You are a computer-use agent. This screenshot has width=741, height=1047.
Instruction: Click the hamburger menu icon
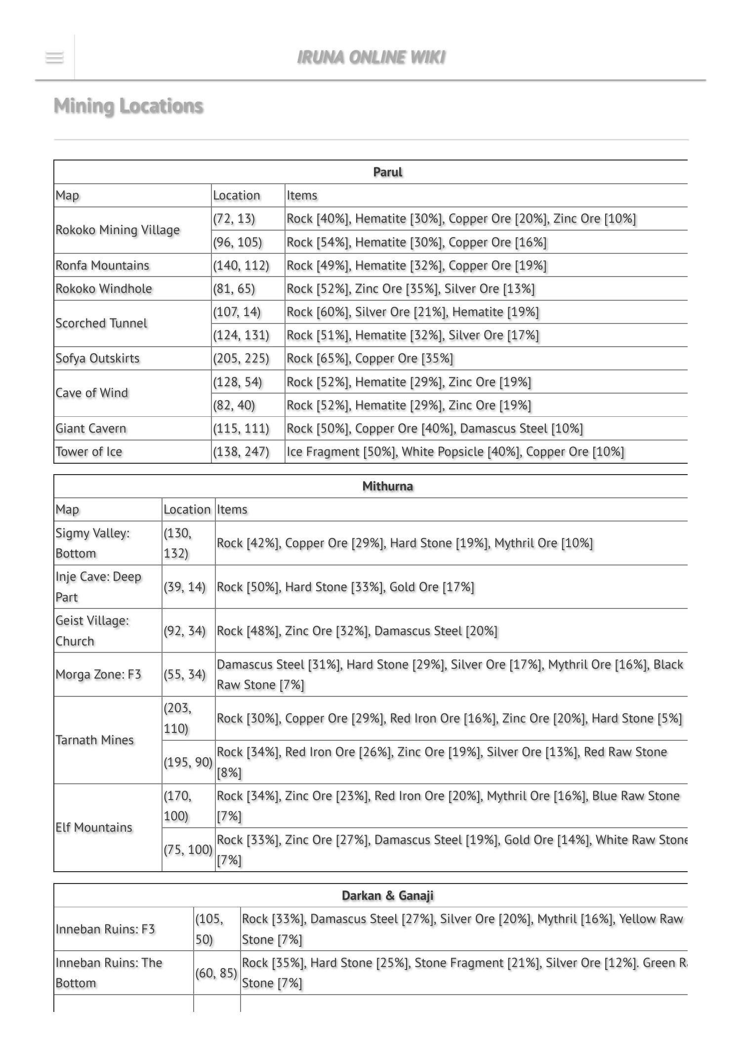54,57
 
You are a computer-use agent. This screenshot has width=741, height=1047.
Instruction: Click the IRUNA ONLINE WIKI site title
370,57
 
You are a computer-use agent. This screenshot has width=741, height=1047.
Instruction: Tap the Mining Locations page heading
128,106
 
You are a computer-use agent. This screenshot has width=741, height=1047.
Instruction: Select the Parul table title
387,172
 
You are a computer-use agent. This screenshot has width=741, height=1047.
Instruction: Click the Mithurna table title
387,486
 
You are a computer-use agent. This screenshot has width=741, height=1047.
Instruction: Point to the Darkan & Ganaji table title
387,895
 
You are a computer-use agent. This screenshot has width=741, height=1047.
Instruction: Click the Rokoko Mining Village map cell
118,230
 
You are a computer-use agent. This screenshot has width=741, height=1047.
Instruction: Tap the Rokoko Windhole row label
104,288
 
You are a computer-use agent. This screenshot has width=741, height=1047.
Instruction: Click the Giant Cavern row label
91,428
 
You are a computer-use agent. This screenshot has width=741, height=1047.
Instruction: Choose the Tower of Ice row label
89,451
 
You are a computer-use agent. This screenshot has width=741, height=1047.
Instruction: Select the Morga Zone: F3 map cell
98,675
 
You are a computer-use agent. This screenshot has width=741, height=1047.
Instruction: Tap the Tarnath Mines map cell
94,740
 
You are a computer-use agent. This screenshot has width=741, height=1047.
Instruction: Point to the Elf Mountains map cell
94,827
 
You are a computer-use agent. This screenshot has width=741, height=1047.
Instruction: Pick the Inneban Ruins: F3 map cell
105,929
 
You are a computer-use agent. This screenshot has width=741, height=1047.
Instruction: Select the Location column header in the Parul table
237,195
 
